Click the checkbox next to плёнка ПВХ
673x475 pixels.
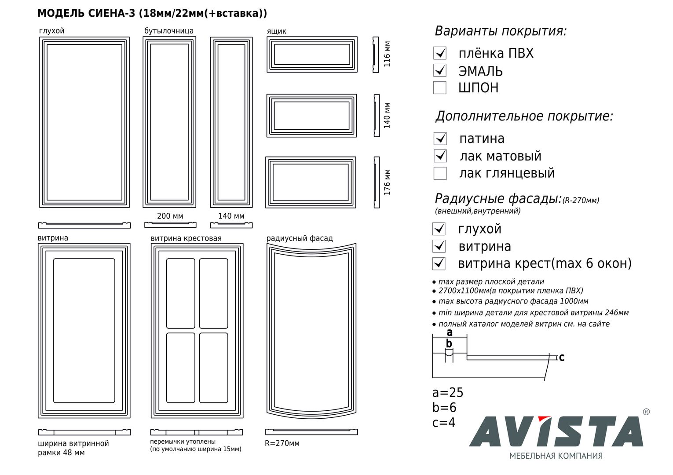point(440,53)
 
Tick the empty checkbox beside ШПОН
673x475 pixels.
point(440,88)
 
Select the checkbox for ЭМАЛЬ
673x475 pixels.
point(440,70)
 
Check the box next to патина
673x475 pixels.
point(440,139)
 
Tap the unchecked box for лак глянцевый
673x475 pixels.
point(440,173)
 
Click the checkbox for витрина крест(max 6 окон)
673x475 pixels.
point(439,263)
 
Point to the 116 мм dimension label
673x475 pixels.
point(387,54)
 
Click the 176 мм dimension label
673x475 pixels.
point(387,182)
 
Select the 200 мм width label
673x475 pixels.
point(170,216)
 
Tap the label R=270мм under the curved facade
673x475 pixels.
point(282,443)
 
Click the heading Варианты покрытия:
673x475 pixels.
point(501,31)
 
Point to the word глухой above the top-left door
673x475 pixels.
point(52,31)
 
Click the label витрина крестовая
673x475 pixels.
point(186,238)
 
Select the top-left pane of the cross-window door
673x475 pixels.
point(181,293)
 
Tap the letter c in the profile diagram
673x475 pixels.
point(562,358)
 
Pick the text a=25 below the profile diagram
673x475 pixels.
point(448,393)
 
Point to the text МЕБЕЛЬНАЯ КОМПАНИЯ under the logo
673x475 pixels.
point(556,456)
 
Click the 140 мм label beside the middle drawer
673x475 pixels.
point(387,115)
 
